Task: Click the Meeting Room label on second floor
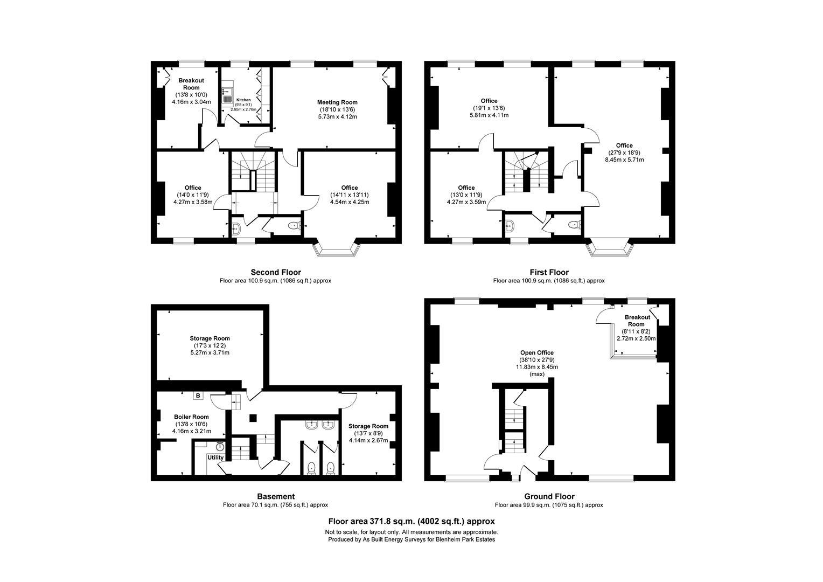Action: pos(337,102)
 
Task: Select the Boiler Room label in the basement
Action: pos(191,417)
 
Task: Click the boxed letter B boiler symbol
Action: pos(198,396)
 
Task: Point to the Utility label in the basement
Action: pos(215,458)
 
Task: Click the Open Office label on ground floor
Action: pos(536,353)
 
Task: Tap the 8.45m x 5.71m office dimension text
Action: pos(624,160)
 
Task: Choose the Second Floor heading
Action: pos(276,272)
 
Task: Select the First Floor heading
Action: pos(549,272)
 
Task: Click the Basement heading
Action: pos(275,496)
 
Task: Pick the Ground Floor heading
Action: pos(549,496)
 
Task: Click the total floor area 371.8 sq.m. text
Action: pos(412,521)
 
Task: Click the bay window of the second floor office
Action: pos(337,250)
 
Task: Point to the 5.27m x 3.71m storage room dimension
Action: pos(210,353)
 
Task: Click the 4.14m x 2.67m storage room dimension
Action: pos(368,440)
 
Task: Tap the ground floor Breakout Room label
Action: pos(637,321)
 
